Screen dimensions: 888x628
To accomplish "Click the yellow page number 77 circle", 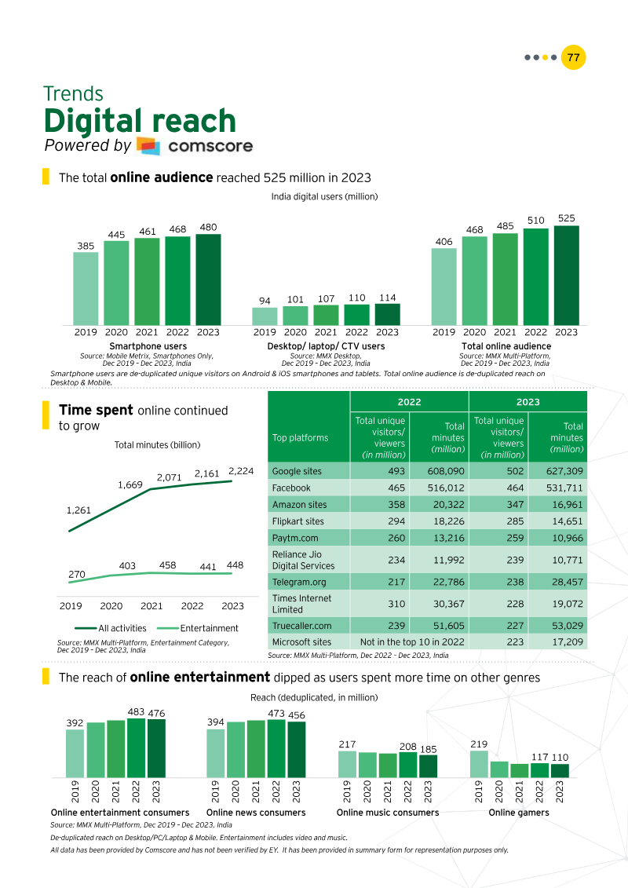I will [574, 57].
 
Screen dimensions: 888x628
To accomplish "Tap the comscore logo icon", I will [148, 146].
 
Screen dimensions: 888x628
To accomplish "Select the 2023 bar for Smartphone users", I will [208, 280].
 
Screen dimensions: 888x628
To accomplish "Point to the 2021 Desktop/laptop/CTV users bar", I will [327, 315].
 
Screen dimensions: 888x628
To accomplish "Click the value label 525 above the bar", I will [567, 217].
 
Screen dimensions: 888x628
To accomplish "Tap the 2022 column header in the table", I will [409, 401].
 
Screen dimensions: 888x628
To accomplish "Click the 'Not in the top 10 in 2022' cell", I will [409, 641].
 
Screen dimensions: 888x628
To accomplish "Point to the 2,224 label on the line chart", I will [241, 470].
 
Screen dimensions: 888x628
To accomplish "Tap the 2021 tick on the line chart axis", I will [152, 606].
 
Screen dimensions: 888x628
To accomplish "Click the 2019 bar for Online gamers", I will [479, 764].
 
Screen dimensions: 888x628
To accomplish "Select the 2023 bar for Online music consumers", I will [428, 766].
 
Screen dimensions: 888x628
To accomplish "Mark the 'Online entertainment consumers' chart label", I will [120, 813].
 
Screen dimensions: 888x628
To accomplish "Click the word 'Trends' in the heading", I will [73, 94].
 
